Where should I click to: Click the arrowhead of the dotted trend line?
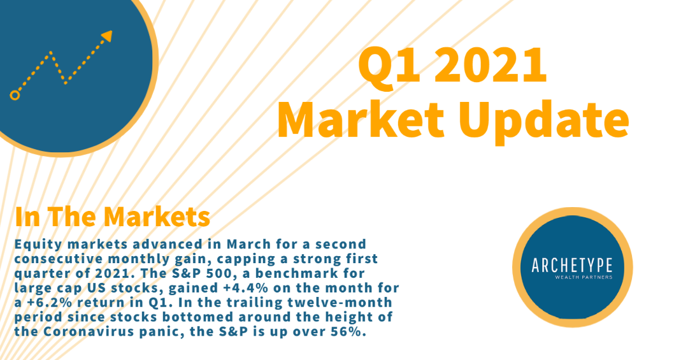click(x=107, y=36)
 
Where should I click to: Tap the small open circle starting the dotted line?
click(x=15, y=96)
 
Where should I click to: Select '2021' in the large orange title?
click(x=491, y=65)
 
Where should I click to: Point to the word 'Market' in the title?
click(x=361, y=119)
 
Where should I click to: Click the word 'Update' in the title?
click(x=544, y=120)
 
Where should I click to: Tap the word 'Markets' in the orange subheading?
click(x=157, y=217)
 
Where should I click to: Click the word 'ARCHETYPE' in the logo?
click(x=571, y=266)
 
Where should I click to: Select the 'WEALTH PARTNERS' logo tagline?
click(x=584, y=277)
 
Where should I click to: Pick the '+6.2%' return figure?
click(x=43, y=303)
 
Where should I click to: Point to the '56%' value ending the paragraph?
click(x=349, y=331)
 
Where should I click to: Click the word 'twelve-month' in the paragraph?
click(x=340, y=303)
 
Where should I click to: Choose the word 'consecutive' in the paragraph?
click(x=59, y=259)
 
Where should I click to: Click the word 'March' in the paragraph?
click(x=248, y=245)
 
